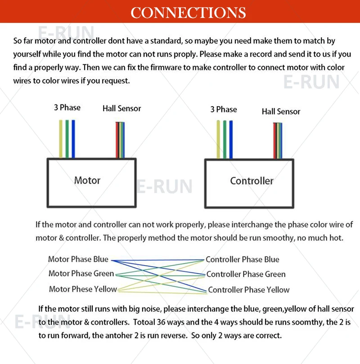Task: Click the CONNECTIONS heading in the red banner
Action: [188, 12]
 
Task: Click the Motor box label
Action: [87, 180]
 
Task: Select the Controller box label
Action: [252, 181]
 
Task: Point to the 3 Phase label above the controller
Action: [223, 109]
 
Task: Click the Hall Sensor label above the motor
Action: [121, 108]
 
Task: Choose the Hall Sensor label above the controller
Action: [281, 111]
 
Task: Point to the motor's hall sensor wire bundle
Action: [120, 140]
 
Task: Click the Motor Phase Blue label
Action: [78, 259]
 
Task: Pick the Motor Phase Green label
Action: [81, 274]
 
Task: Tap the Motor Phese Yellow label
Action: [83, 289]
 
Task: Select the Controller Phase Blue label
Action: [243, 259]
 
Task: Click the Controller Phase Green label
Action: [246, 274]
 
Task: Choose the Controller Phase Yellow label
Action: [249, 290]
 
